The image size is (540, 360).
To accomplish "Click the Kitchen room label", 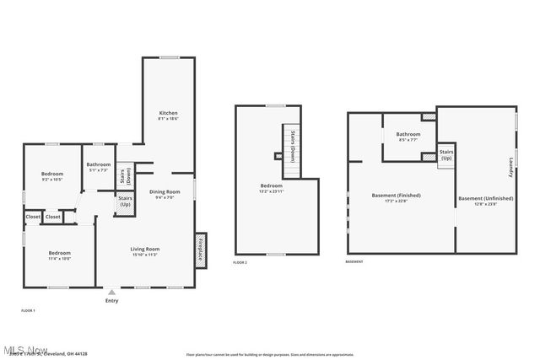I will click(169, 116).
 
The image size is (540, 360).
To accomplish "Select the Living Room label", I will click(145, 251).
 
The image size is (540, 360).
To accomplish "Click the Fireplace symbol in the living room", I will click(201, 250).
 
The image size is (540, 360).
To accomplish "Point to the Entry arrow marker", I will click(111, 292).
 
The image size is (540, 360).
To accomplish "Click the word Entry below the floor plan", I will click(111, 301).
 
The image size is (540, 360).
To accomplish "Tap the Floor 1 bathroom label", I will click(99, 167).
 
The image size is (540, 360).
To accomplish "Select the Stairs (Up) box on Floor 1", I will click(125, 202).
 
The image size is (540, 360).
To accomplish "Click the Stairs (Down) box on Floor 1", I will click(123, 176).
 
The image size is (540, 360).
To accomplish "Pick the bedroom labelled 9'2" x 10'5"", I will click(52, 177).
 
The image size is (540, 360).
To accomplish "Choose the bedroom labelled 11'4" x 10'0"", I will click(59, 255).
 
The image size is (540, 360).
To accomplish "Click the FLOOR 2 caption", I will click(240, 263).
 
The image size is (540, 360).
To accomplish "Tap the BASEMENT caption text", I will click(354, 262).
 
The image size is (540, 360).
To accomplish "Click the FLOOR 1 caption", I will click(29, 311).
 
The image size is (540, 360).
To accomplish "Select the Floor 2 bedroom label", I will click(271, 188).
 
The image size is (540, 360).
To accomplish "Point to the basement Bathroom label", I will click(408, 137).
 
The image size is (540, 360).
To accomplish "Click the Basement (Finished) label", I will click(396, 197).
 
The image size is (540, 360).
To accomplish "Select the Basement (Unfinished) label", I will click(483, 201).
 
